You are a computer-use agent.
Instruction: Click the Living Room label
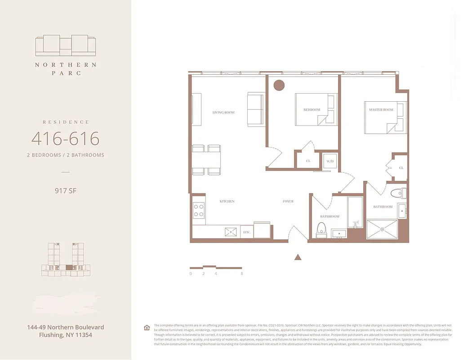pyautogui.click(x=223, y=112)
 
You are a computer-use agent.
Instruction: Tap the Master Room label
pyautogui.click(x=381, y=110)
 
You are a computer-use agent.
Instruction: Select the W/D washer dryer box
pyautogui.click(x=329, y=161)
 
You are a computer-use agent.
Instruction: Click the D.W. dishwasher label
pyautogui.click(x=246, y=232)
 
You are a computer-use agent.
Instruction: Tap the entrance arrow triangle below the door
pyautogui.click(x=297, y=257)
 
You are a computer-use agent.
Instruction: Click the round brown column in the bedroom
pyautogui.click(x=279, y=85)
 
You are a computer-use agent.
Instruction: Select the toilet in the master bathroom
pyautogui.click(x=398, y=193)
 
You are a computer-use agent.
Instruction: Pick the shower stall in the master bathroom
pyautogui.click(x=382, y=229)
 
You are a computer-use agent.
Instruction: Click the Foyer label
pyautogui.click(x=288, y=201)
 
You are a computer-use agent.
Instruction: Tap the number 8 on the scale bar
pyautogui.click(x=242, y=274)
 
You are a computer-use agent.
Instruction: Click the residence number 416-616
pyautogui.click(x=65, y=139)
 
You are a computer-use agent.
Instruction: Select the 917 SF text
pyautogui.click(x=65, y=190)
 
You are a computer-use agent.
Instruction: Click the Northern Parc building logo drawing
pyautogui.click(x=66, y=45)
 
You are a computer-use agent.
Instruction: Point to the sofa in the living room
pyautogui.click(x=256, y=109)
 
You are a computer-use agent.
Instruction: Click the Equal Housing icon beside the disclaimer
pyautogui.click(x=147, y=327)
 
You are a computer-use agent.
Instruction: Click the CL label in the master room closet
pyautogui.click(x=401, y=168)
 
